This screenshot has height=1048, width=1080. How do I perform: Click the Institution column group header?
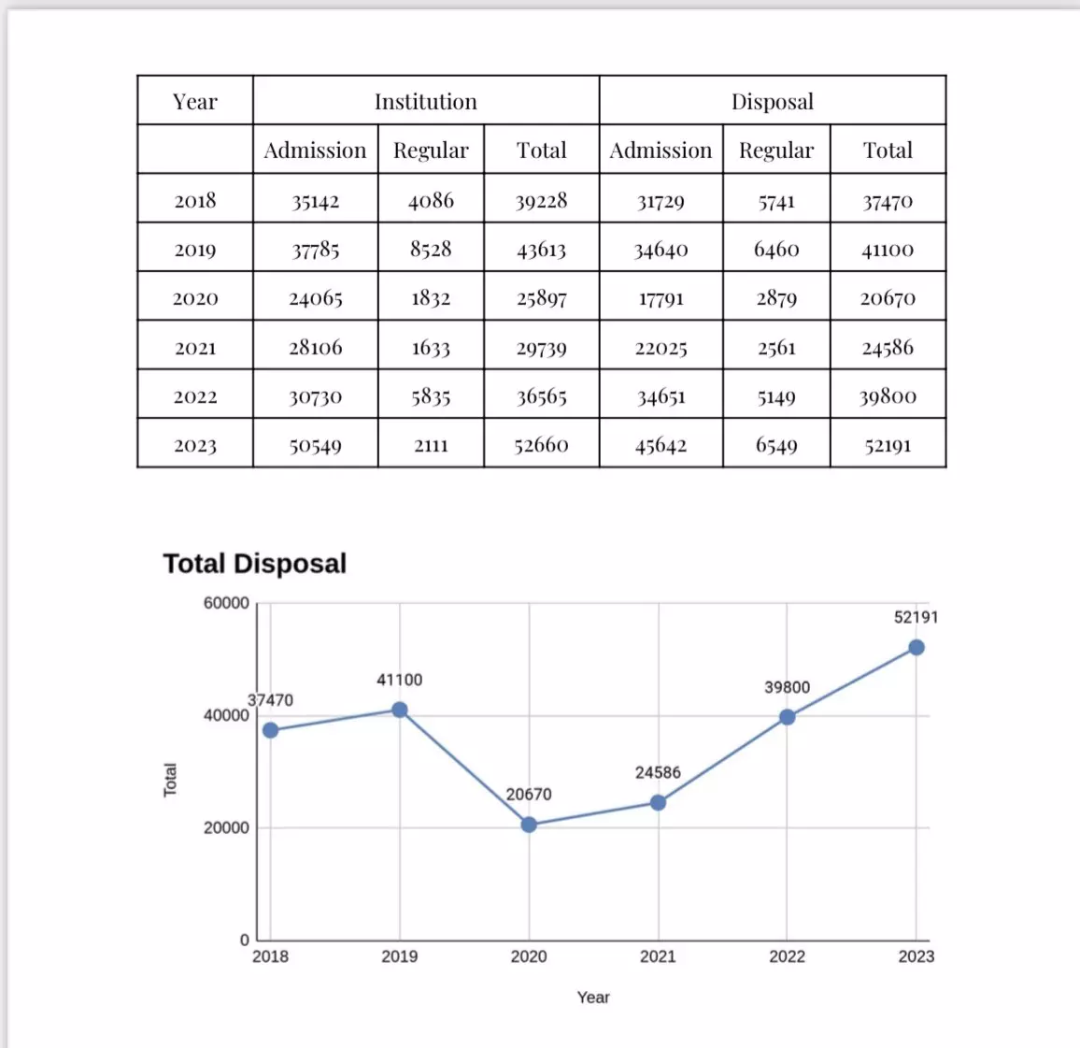pos(425,101)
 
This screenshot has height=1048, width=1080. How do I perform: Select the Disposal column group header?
pos(772,101)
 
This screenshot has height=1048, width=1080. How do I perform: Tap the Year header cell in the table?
pos(194,101)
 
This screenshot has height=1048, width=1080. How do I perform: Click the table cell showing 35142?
pos(315,201)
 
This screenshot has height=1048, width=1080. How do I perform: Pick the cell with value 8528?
pos(431,250)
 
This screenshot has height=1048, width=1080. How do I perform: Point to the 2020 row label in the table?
pos(194,298)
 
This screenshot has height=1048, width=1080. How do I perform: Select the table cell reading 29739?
pos(541,348)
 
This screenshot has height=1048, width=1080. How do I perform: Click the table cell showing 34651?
pos(661,396)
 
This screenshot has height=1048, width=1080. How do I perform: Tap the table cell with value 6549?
pos(776,445)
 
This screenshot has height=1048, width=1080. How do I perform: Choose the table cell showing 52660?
pos(541,445)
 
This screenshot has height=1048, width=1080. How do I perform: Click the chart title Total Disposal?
pos(254,563)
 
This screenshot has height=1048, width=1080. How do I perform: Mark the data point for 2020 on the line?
pos(529,825)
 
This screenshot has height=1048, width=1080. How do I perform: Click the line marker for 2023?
pos(917,648)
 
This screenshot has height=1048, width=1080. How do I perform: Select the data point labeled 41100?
pos(400,710)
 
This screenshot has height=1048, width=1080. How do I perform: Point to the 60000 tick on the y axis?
pos(226,603)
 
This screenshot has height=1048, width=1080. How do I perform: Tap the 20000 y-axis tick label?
pos(226,827)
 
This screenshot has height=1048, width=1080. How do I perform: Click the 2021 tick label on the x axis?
pos(658,956)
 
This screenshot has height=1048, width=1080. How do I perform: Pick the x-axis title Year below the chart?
pos(593,998)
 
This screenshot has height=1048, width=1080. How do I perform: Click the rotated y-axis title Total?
pos(170,780)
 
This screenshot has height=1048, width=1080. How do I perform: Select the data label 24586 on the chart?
pos(658,772)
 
